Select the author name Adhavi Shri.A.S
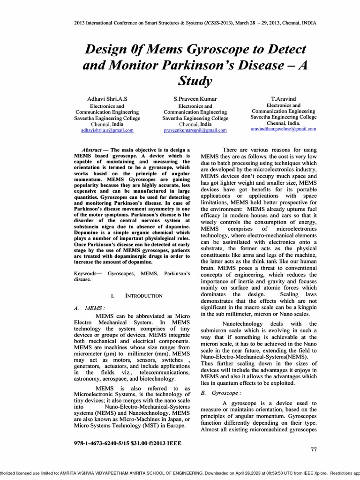[x=107, y=98]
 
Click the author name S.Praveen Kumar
[x=195, y=98]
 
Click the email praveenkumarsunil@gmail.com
[x=195, y=130]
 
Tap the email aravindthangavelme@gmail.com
[x=284, y=128]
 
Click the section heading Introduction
[x=143, y=296]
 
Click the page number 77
[x=314, y=450]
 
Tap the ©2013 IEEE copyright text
[x=165, y=442]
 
